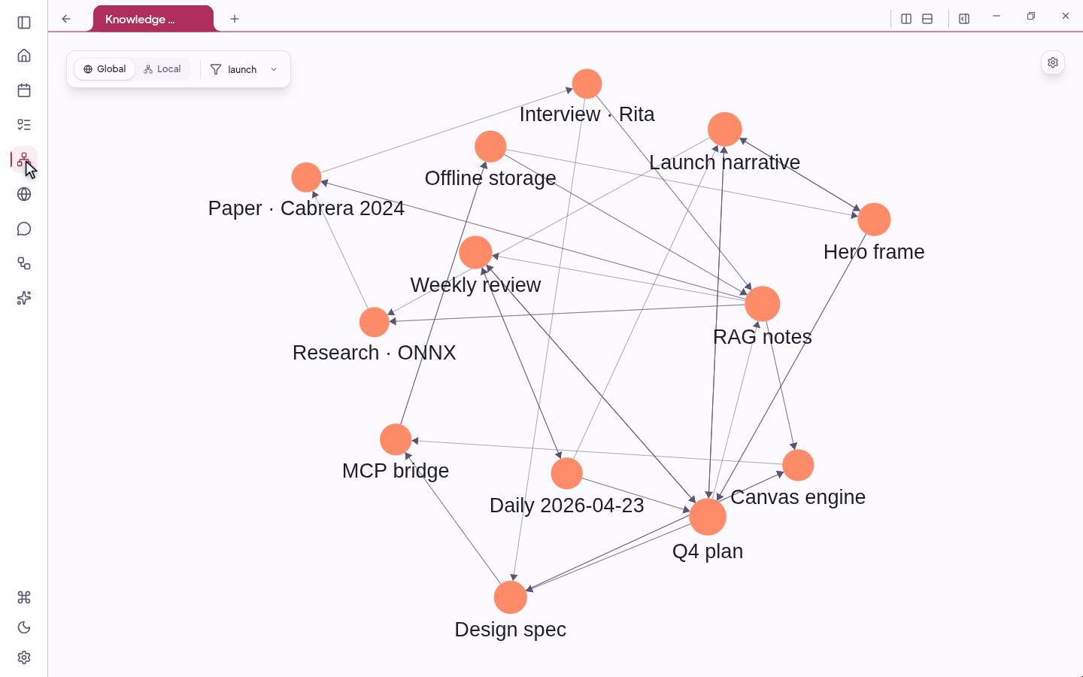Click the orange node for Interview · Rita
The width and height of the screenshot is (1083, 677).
coord(587,84)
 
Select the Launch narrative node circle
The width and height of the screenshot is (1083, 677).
coord(725,129)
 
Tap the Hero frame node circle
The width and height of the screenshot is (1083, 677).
coord(874,220)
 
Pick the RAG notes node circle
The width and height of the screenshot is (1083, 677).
coord(763,304)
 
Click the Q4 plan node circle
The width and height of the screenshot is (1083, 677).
coord(708,517)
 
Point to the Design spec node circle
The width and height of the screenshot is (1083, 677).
coord(511,597)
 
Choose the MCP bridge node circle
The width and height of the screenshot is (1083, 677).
coord(396,439)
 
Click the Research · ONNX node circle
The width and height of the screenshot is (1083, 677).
coord(375,322)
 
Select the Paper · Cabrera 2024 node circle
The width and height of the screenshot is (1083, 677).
coord(306,178)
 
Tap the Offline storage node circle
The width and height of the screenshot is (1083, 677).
coord(490,147)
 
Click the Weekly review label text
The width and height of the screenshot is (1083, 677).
coord(475,285)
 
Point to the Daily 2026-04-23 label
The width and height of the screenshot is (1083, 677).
coord(566,505)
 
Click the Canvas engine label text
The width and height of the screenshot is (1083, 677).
coord(798,497)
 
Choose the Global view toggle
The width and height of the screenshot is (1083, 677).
coord(105,69)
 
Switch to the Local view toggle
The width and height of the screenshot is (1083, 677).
coord(162,69)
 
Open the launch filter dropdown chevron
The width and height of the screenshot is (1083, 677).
coord(274,69)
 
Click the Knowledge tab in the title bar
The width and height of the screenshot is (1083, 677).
coord(153,20)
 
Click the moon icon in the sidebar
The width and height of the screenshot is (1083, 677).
coord(24,627)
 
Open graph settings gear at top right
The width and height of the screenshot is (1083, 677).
coord(1053,63)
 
